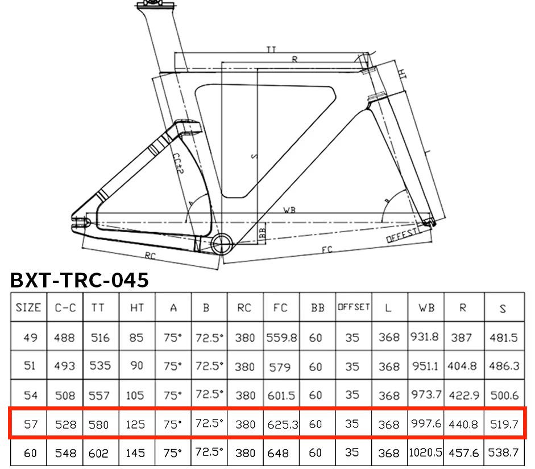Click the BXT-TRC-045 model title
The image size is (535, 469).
(79, 281)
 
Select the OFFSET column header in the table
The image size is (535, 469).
(354, 307)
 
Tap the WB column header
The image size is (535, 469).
(426, 308)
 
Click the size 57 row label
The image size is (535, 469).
(30, 424)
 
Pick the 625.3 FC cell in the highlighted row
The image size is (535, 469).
(283, 425)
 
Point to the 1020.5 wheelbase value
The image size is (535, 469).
(425, 452)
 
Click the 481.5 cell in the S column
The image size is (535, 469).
(504, 338)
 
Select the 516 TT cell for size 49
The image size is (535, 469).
(100, 338)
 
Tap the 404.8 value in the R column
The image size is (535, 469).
(462, 366)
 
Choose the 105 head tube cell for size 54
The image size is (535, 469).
(135, 396)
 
